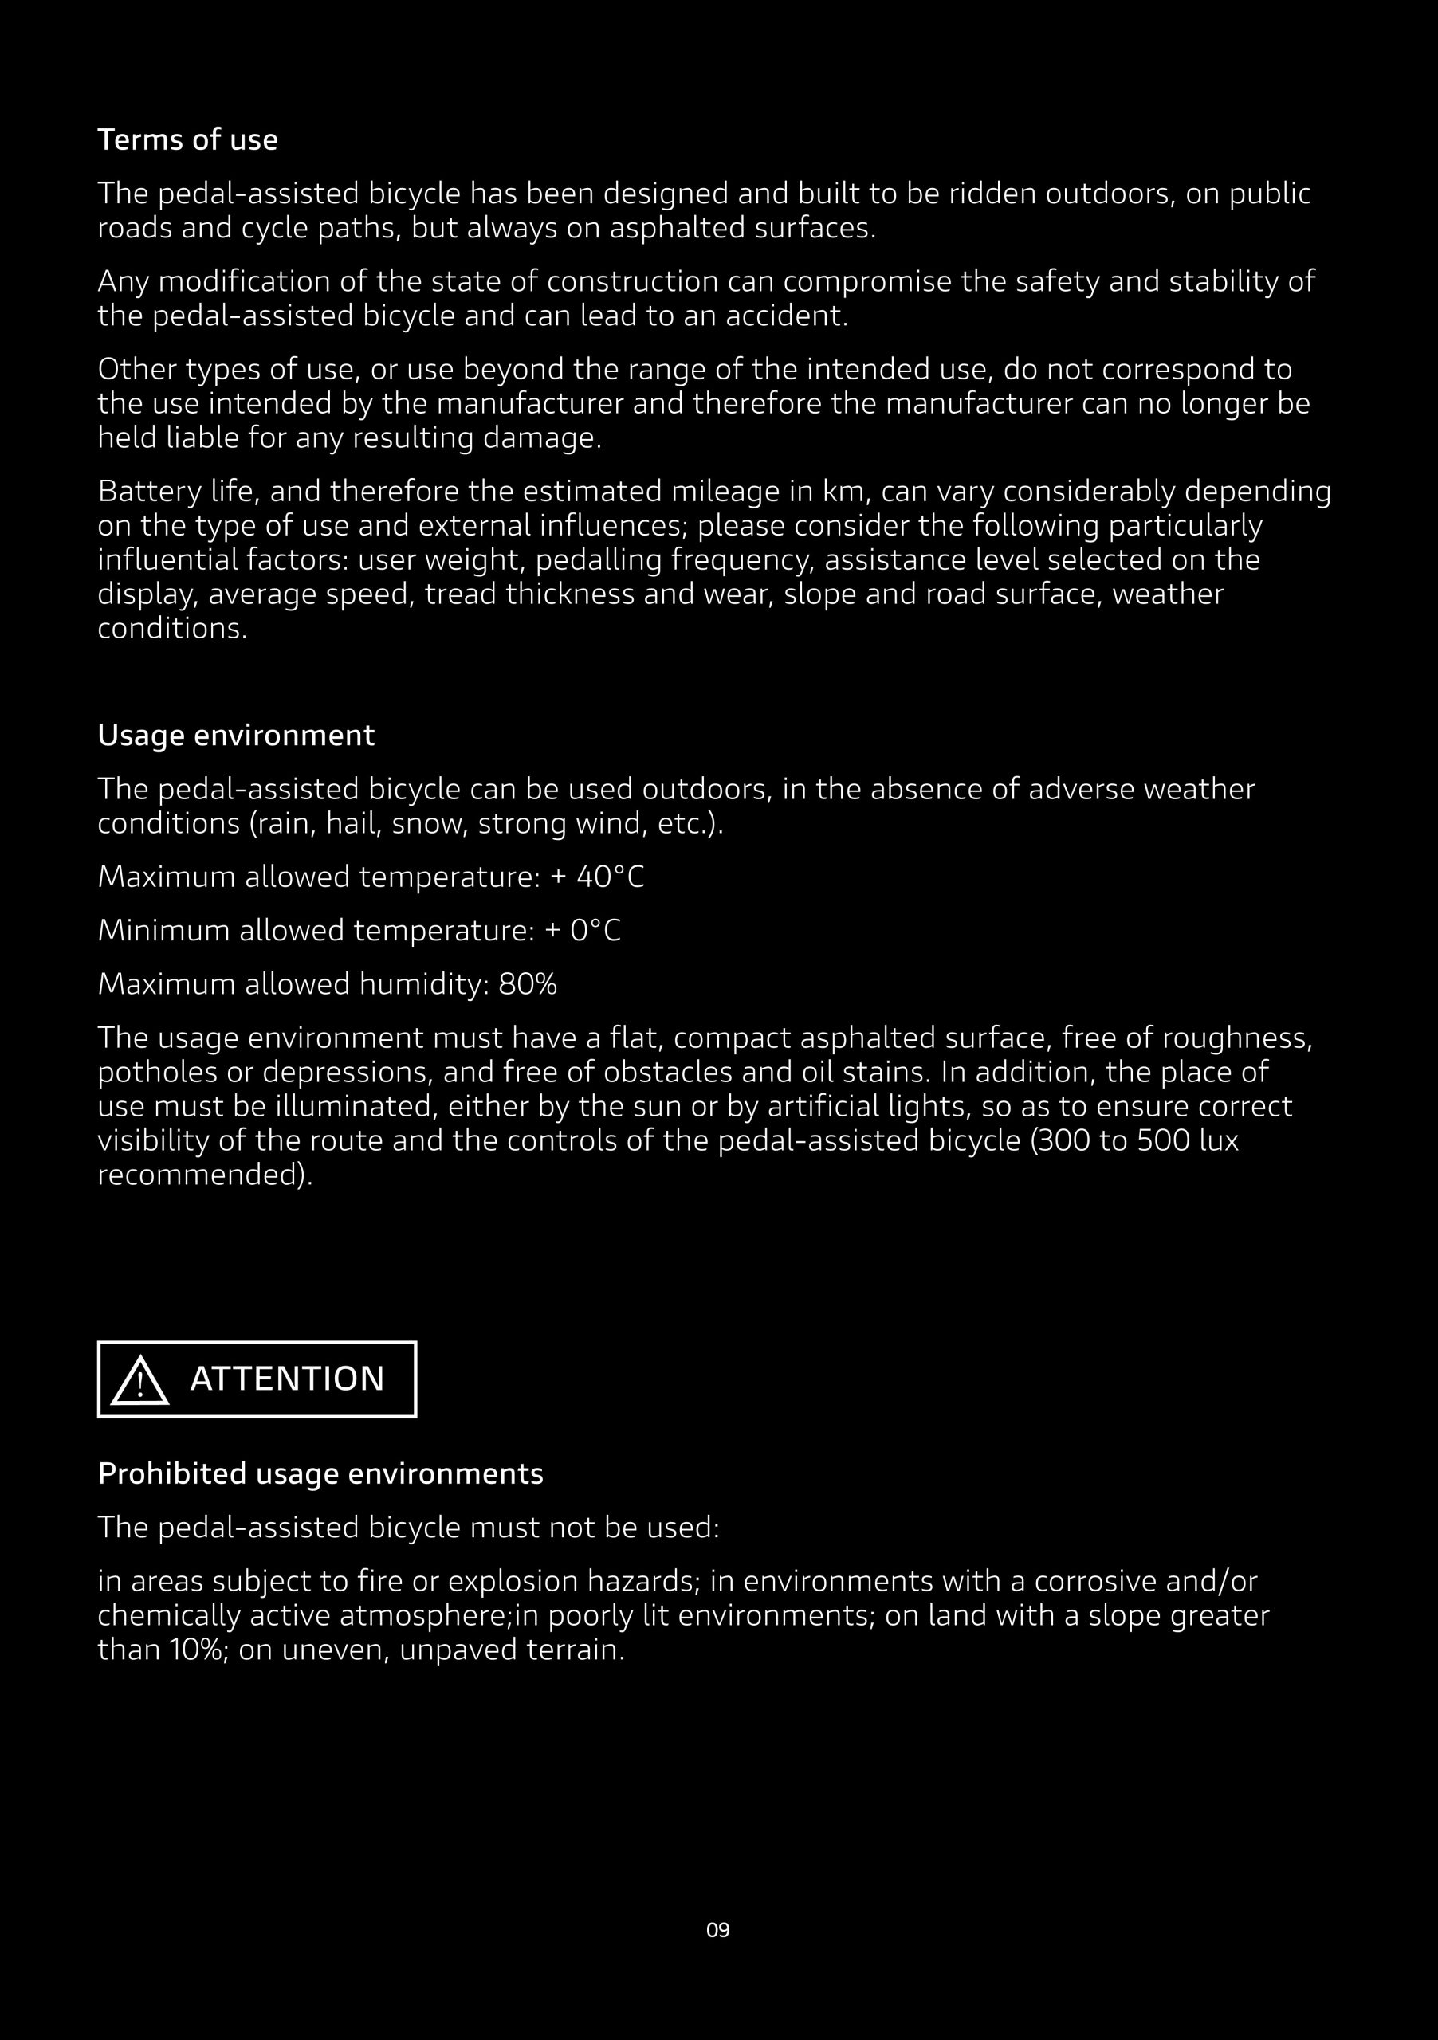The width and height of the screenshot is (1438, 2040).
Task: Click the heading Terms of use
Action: coord(187,139)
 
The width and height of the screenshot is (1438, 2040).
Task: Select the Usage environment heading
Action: coord(235,735)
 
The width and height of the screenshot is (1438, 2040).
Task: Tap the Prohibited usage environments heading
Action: coord(320,1473)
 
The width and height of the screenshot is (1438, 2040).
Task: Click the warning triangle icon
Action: coord(139,1382)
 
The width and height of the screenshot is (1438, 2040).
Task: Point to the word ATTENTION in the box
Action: coord(287,1379)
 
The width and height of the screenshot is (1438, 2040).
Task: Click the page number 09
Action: coord(718,1930)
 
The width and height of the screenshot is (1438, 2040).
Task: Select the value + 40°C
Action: coord(597,877)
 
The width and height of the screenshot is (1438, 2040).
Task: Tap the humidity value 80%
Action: coord(527,983)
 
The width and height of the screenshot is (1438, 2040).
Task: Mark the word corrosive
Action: coord(1098,1581)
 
